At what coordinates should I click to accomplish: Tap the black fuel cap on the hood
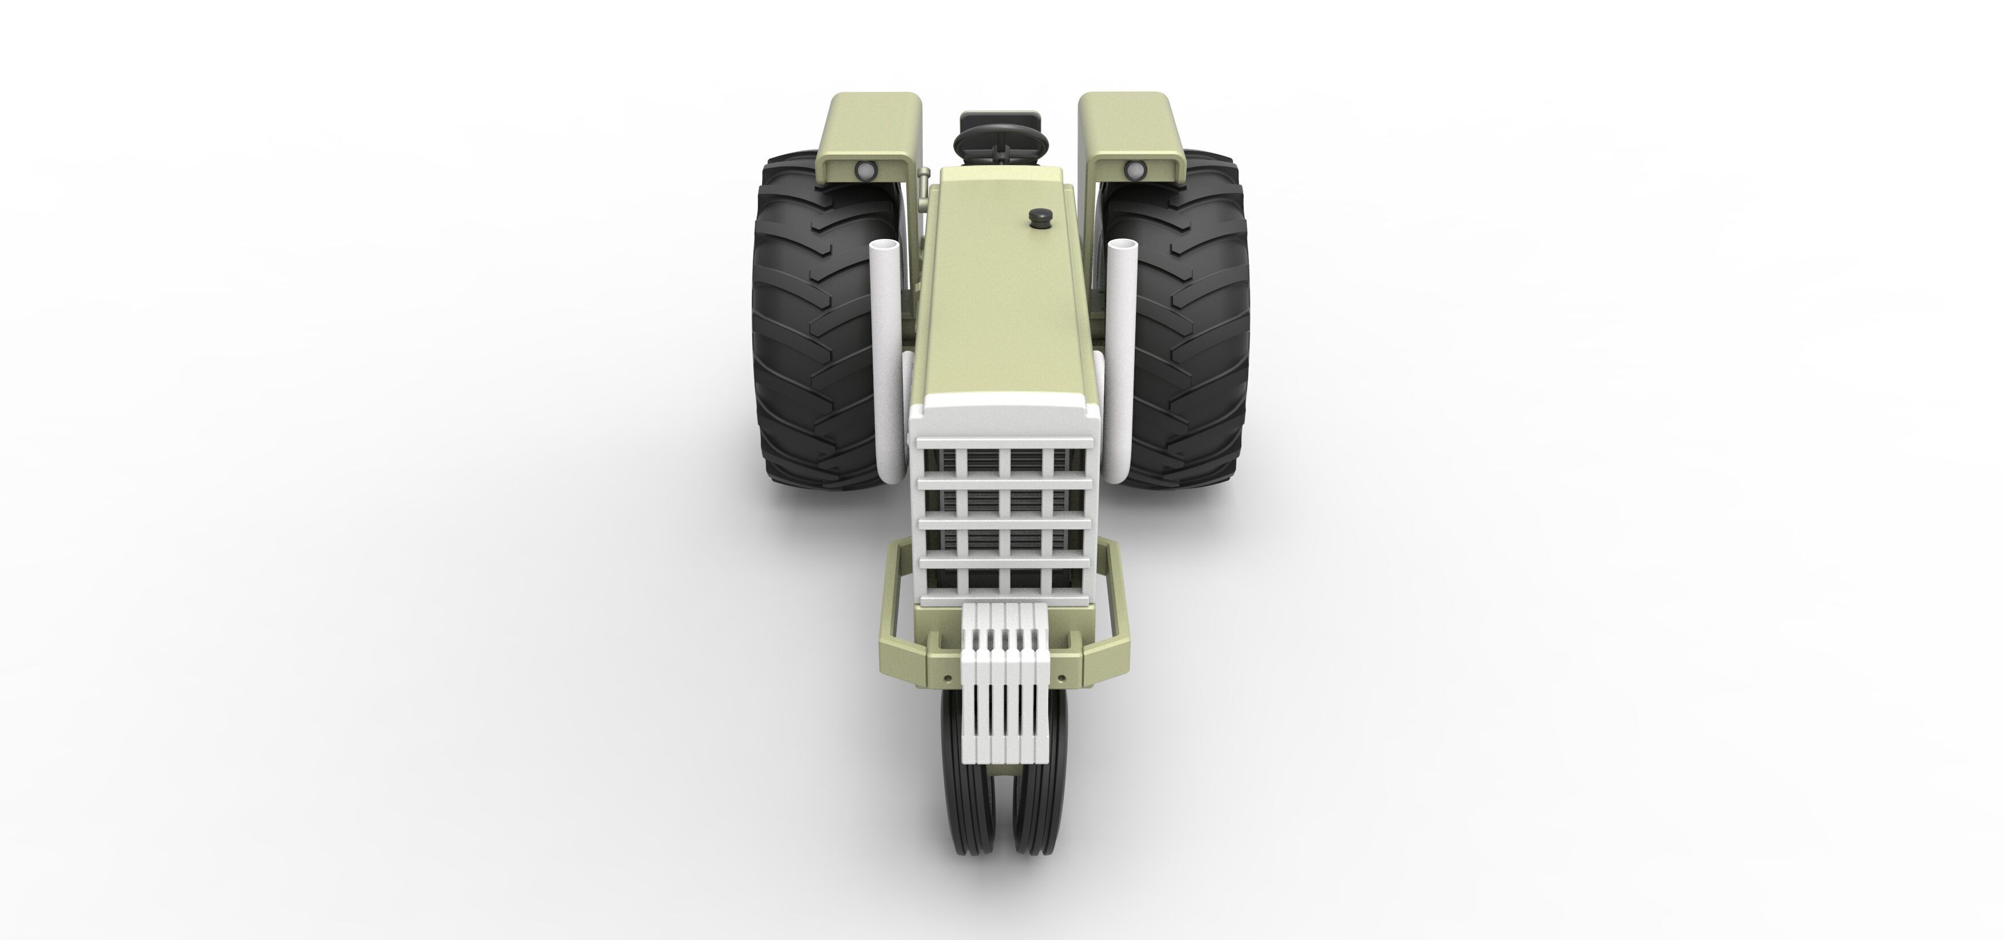pyautogui.click(x=1039, y=217)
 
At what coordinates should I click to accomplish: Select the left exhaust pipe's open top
pyautogui.click(x=885, y=247)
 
